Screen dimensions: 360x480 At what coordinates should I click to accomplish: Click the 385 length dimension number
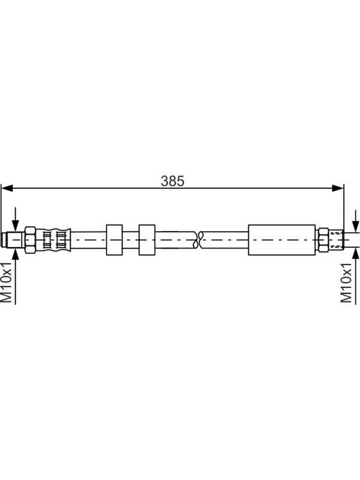173,181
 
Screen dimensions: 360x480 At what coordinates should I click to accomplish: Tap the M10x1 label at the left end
7,281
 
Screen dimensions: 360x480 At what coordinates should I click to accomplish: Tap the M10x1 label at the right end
346,282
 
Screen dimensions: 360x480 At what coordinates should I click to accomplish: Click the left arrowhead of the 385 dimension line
7,188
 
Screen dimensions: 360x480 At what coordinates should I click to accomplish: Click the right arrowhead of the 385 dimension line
338,188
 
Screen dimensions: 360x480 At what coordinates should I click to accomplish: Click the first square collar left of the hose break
114,239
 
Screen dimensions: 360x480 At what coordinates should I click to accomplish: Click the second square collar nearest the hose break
147,239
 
